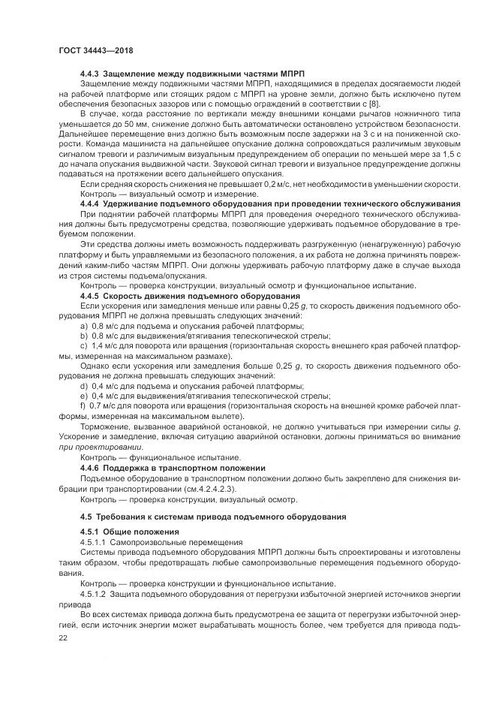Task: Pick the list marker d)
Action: click(83, 384)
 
